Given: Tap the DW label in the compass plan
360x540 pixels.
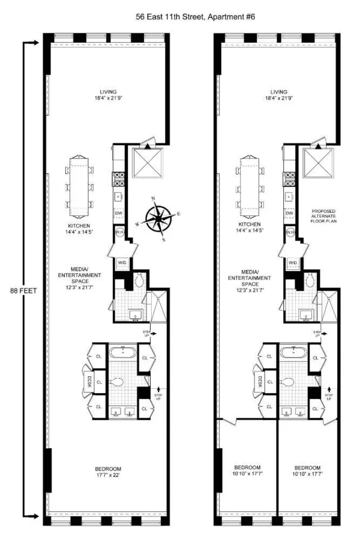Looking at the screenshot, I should coord(118,214).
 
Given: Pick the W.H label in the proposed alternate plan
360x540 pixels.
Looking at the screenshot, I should coord(290,232).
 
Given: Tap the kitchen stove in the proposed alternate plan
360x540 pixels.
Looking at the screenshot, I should coord(290,179).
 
